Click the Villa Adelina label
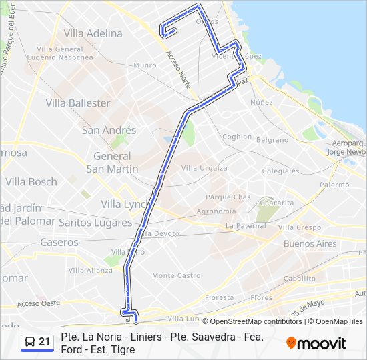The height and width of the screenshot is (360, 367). [93, 33]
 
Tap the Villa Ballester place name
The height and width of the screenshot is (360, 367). [78, 103]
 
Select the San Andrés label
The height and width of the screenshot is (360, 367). [109, 130]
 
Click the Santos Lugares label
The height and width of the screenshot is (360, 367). [95, 222]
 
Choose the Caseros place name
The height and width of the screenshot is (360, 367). [59, 243]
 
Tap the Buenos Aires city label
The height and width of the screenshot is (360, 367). [310, 244]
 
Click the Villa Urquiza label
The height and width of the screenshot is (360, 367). [204, 168]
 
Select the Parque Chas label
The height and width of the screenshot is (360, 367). [228, 197]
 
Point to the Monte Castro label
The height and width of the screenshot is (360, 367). [176, 275]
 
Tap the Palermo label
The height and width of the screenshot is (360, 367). [334, 185]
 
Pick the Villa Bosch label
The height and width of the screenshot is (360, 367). [31, 182]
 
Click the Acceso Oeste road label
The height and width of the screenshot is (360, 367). [39, 303]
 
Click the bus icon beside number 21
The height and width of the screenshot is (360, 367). [29, 343]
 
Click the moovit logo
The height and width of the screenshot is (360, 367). [316, 343]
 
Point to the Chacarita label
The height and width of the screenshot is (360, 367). [277, 203]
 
